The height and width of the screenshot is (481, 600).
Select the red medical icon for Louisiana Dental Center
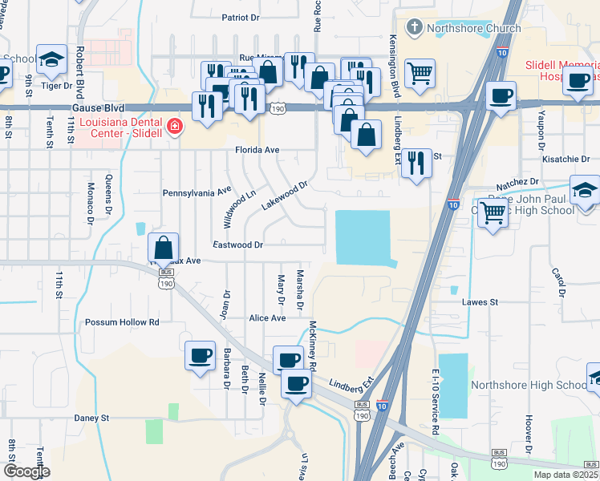point(173,126)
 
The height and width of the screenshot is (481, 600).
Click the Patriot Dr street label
point(241,17)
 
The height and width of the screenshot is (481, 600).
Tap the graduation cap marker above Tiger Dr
point(51,59)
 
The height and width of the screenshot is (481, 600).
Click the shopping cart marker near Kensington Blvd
point(420,75)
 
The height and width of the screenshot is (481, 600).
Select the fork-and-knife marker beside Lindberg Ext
point(416,164)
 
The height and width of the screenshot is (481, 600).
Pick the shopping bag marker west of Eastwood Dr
point(163,248)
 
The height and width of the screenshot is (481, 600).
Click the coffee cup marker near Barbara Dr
point(200,354)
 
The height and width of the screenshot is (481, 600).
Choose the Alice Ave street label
point(267,318)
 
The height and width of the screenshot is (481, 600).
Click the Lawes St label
point(480,302)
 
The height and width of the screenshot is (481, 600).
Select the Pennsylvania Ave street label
point(197,192)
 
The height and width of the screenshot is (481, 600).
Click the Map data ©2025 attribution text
point(565,475)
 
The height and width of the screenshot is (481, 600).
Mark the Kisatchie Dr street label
point(566,160)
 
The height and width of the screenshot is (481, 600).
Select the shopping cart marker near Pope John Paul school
point(493,212)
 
